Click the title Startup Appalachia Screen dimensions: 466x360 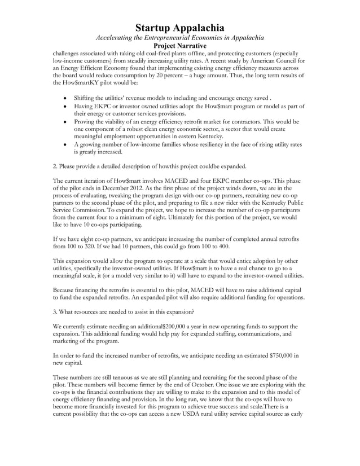point(180,28)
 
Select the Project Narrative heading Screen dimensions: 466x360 point(180,46)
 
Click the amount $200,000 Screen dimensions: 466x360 point(180,326)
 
